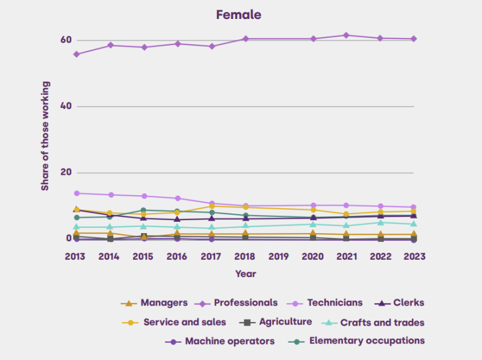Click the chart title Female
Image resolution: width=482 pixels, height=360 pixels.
[x=238, y=15]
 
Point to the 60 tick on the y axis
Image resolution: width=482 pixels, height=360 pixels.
[x=65, y=40]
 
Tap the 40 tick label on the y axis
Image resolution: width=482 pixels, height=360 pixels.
[x=65, y=106]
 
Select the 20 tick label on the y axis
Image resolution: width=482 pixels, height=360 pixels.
[x=65, y=173]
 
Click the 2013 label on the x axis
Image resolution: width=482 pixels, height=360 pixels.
[x=75, y=256]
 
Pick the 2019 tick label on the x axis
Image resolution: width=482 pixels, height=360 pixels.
[x=278, y=256]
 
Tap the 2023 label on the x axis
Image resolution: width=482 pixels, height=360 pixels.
[x=413, y=256]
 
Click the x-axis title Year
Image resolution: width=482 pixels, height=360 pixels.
[x=245, y=274]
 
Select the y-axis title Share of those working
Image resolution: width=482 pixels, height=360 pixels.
[x=45, y=136]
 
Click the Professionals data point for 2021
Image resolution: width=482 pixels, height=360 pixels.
[x=346, y=36]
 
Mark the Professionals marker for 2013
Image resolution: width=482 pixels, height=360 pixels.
[x=76, y=54]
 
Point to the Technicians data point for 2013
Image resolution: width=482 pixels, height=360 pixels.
[x=76, y=193]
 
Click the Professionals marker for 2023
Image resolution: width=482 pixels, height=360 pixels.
[x=414, y=39]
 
